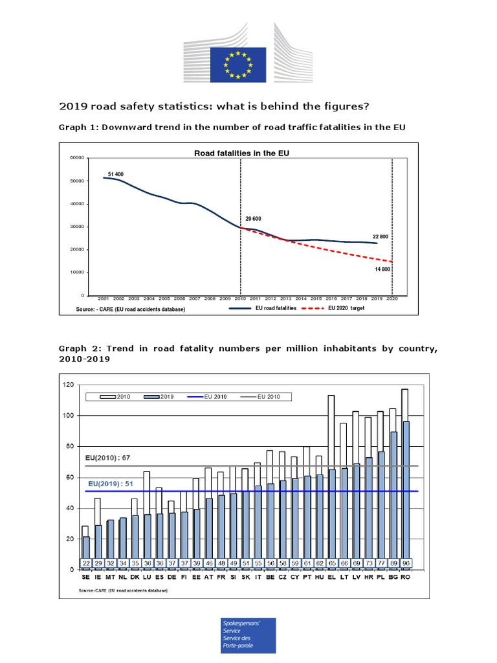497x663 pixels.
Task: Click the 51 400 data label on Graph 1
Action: (x=116, y=175)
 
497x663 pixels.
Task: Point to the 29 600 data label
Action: (x=253, y=219)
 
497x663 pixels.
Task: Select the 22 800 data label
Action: (x=380, y=237)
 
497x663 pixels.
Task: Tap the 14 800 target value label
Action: (x=381, y=269)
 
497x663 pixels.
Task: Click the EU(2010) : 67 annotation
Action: (x=108, y=458)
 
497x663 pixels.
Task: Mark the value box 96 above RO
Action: (x=405, y=563)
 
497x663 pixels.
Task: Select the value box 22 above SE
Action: (x=85, y=563)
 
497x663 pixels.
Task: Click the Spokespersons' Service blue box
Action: (x=248, y=635)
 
